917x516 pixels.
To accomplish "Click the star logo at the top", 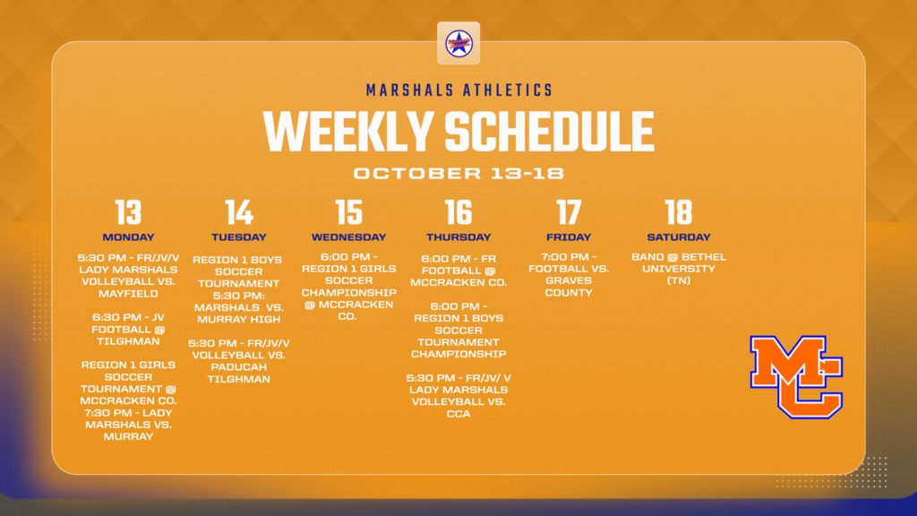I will click(458, 43).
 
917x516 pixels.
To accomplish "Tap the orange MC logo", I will click(796, 376).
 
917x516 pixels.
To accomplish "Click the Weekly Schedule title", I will click(458, 131).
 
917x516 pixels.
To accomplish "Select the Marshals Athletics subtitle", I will click(458, 90).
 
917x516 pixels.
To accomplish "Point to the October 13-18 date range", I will click(458, 173).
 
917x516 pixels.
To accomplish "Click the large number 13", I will click(128, 212).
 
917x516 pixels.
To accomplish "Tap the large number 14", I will click(239, 212).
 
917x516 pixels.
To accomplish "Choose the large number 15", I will click(348, 212).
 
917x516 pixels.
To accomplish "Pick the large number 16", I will click(458, 212).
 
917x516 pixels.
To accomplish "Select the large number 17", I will click(569, 212).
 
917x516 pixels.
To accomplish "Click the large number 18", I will click(679, 212).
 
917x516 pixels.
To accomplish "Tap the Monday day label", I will click(128, 237).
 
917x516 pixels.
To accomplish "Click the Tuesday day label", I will click(239, 237).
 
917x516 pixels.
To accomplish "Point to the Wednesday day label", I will click(348, 237).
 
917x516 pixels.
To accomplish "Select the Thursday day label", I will click(458, 237).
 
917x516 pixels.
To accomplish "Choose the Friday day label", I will click(569, 237).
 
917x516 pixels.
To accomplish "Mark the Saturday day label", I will click(679, 237).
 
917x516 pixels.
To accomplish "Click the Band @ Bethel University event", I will click(679, 269).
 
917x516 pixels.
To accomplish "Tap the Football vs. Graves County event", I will click(569, 274).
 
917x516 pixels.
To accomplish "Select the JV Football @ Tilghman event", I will click(128, 329).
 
